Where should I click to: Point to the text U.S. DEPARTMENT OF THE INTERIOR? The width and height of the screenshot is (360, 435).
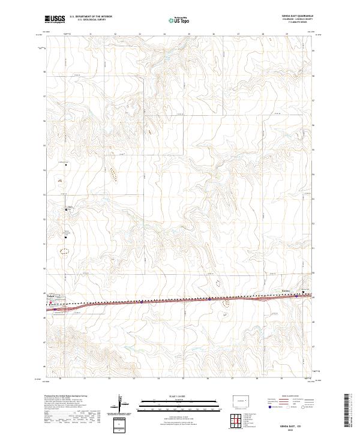pos(91,17)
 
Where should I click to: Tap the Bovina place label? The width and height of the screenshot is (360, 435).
pos(286,291)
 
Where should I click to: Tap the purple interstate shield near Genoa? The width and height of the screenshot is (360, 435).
pos(55,310)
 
